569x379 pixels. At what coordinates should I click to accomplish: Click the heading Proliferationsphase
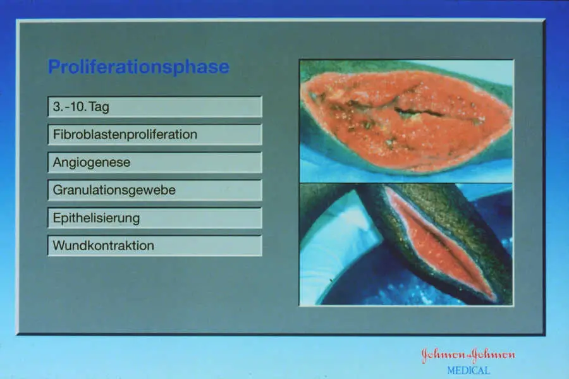click(x=138, y=68)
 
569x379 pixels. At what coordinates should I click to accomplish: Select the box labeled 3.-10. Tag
click(x=155, y=107)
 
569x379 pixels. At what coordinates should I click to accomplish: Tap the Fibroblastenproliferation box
click(x=155, y=135)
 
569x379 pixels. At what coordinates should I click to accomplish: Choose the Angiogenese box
click(x=155, y=162)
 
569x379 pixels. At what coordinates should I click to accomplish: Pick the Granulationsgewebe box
click(x=155, y=190)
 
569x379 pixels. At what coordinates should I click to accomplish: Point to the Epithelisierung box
click(x=155, y=218)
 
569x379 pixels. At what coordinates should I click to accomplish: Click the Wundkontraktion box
click(x=155, y=246)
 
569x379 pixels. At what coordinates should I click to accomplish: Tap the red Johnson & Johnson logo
click(x=468, y=355)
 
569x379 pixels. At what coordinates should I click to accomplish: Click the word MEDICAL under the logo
click(x=468, y=371)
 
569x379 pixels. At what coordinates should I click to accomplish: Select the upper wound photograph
click(x=406, y=121)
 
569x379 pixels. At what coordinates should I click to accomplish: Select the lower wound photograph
click(x=406, y=244)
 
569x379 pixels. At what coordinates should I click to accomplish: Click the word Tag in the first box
click(x=99, y=107)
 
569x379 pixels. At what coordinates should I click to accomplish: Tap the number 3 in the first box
click(x=56, y=107)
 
